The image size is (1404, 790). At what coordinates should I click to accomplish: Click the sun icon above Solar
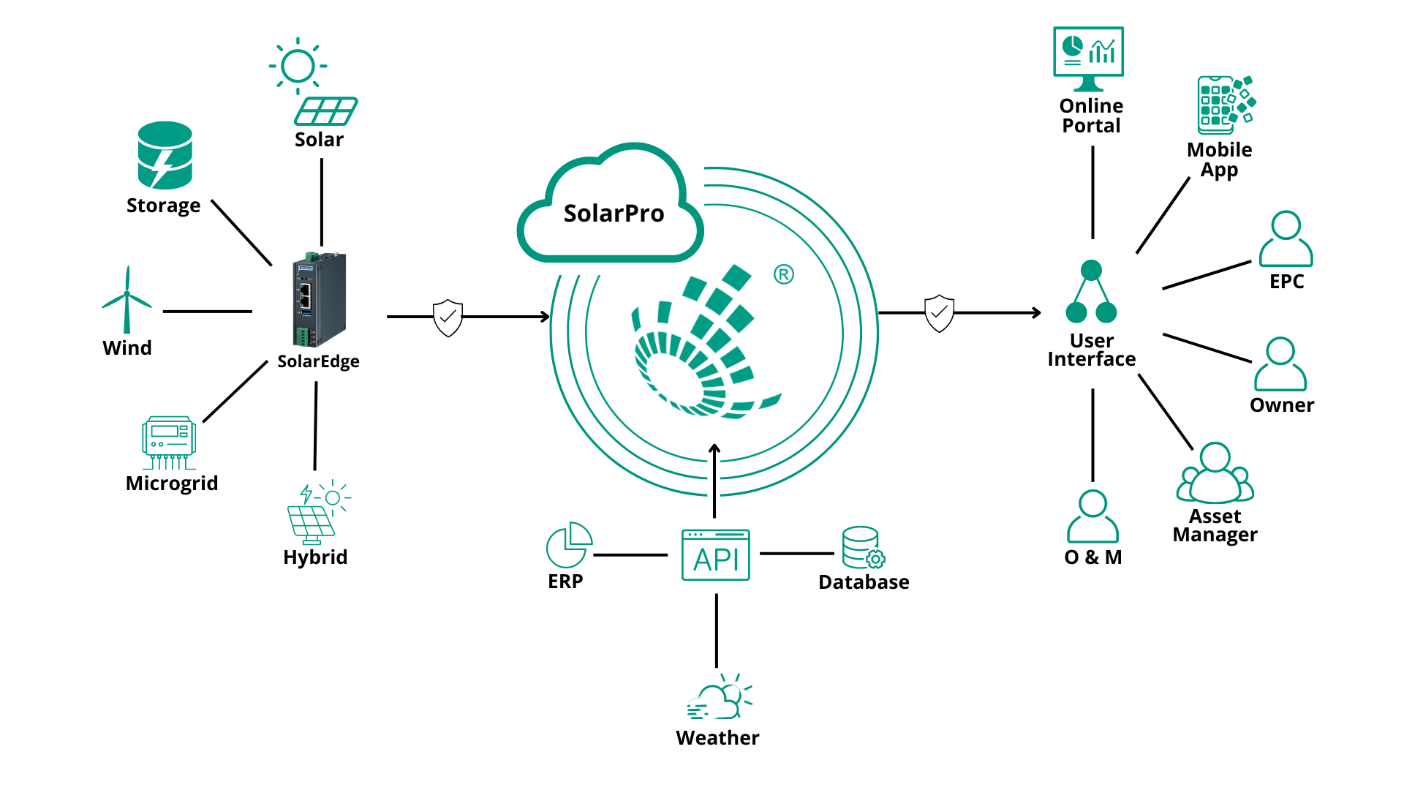298,66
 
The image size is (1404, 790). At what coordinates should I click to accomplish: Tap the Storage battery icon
165,155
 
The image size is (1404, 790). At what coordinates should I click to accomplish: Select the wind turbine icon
127,300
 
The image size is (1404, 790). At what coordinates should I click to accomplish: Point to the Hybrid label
315,557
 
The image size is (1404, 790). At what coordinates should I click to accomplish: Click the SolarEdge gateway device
319,299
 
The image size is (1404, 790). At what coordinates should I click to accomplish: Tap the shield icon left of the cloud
448,317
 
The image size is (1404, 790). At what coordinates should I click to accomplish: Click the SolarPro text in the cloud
614,214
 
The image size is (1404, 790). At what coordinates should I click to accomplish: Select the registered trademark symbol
783,274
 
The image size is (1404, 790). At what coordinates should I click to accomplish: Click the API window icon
715,555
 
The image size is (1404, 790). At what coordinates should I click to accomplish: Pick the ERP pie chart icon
568,545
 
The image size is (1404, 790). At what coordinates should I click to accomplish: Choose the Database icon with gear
862,548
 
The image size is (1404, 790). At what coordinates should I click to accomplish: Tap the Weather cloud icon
719,698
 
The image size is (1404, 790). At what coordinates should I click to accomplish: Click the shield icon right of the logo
939,313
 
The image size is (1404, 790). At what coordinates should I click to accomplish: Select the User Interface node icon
1091,293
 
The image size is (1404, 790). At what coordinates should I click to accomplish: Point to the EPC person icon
1286,239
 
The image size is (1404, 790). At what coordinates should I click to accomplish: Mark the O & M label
1092,557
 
